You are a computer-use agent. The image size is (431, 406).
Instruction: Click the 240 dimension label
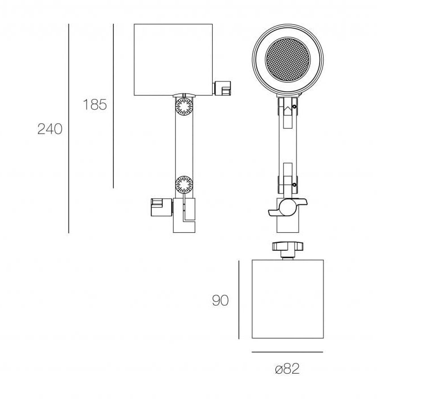pos(50,129)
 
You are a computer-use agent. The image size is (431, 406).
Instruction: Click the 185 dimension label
pos(95,105)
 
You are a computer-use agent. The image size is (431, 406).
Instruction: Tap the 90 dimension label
pos(220,300)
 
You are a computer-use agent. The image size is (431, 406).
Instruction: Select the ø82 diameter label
pos(287,369)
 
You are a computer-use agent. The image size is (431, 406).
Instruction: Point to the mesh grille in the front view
pos(288,59)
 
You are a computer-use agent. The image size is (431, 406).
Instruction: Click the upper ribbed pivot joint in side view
pos(184,106)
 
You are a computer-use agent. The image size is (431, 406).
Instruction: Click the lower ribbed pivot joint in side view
pos(184,185)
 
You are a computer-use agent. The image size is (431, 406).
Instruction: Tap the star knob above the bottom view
pos(288,246)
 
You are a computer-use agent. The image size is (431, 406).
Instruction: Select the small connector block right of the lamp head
pos(222,88)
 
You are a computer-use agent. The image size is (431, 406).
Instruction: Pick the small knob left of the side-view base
pos(162,207)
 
